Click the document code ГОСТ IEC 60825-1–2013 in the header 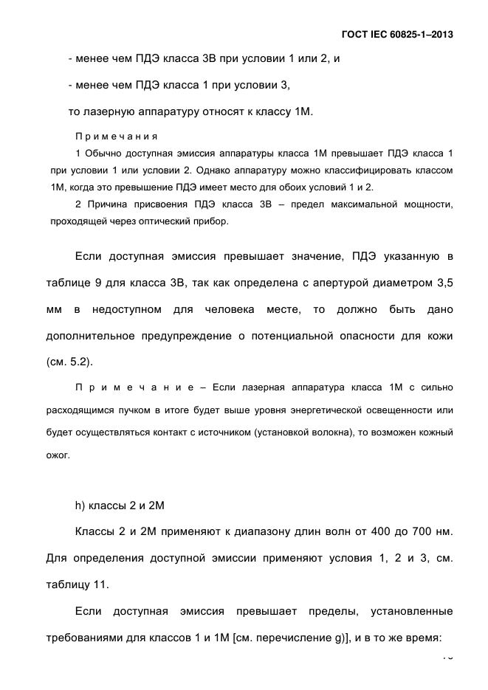[x=397, y=34]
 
